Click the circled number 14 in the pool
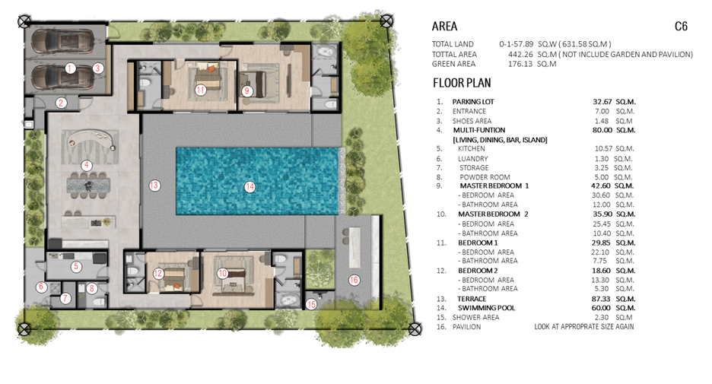click(x=250, y=186)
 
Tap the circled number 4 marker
click(x=86, y=165)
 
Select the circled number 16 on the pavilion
click(x=354, y=280)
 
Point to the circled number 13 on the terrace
click(x=154, y=186)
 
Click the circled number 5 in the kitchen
click(x=76, y=266)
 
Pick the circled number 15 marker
click(x=311, y=304)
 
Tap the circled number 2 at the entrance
click(x=61, y=103)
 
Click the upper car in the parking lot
click(x=62, y=41)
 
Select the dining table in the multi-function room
click(x=89, y=186)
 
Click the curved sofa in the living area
click(x=91, y=137)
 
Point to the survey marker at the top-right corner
click(x=386, y=21)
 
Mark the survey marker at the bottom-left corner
click(x=24, y=328)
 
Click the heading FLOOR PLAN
click(x=462, y=83)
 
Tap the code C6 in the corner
click(x=681, y=27)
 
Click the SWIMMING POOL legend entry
click(x=486, y=308)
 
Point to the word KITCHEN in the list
click(x=472, y=148)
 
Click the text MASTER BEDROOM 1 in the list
click(x=494, y=186)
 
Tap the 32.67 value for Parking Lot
click(x=602, y=102)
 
